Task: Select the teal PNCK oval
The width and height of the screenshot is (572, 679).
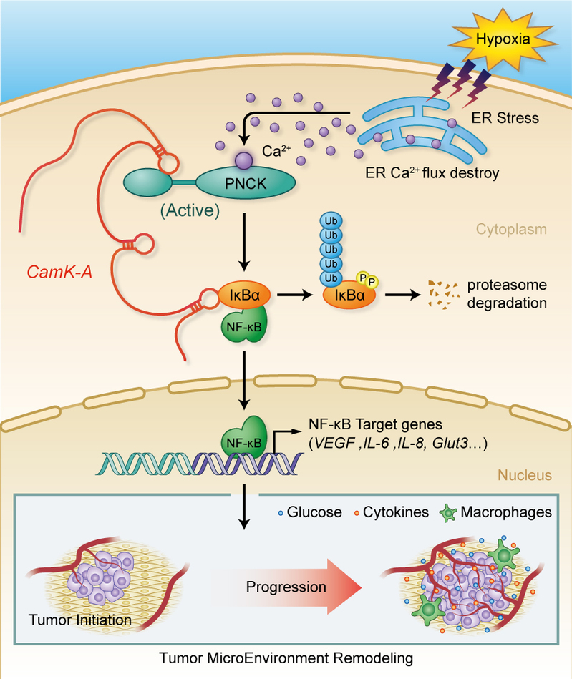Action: [246, 183]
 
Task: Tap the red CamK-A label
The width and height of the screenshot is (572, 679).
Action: [59, 272]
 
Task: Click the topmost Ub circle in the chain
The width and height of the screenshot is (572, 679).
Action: [331, 221]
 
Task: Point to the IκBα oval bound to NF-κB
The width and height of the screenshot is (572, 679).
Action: [244, 295]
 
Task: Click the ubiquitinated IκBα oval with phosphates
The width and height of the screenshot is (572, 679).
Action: [349, 295]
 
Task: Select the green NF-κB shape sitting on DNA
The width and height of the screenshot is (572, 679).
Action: [244, 438]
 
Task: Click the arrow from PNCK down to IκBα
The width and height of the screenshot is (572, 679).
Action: [244, 242]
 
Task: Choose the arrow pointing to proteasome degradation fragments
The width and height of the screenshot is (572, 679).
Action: [402, 295]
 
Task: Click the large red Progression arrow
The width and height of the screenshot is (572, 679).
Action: [286, 587]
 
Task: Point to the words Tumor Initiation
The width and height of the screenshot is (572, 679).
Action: [80, 620]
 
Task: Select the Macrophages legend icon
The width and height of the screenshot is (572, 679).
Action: [448, 513]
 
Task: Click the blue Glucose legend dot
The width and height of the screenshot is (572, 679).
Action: [281, 513]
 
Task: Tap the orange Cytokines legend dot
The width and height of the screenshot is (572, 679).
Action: [357, 513]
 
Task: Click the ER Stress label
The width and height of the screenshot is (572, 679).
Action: [505, 118]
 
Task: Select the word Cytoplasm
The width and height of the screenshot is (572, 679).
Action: [511, 229]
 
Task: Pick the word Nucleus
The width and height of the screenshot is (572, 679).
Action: [524, 475]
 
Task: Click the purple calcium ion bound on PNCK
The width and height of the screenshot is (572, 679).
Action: [244, 160]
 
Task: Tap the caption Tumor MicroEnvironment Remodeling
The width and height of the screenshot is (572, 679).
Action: [286, 658]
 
